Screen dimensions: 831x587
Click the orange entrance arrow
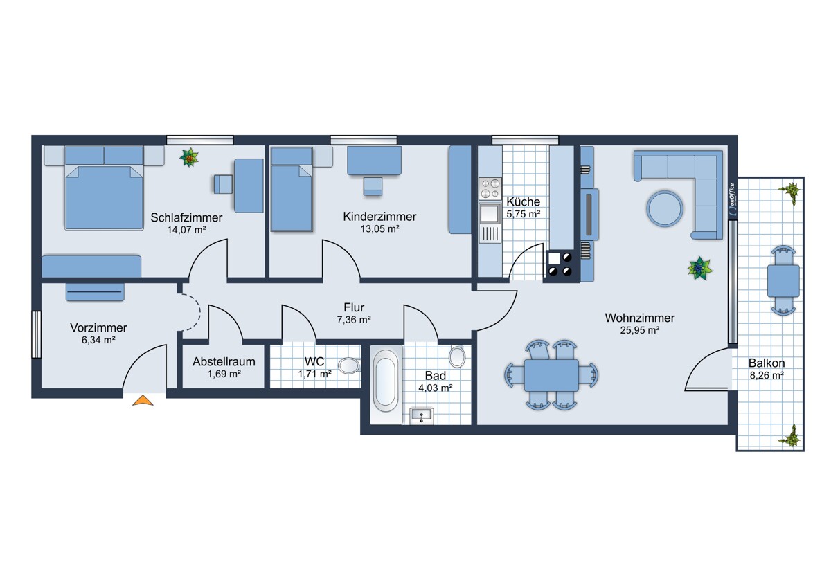tap(143, 401)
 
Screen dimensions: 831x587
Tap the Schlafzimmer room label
tap(186, 217)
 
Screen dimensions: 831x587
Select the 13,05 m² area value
tap(379, 229)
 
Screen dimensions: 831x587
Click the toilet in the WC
tap(349, 365)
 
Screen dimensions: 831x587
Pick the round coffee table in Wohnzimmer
tap(665, 208)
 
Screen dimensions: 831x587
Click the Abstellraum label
tap(224, 361)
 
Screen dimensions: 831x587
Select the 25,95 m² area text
tap(640, 330)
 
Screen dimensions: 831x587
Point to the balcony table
tap(783, 281)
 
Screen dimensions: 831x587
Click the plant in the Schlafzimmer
tap(189, 158)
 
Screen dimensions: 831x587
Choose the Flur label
tap(354, 307)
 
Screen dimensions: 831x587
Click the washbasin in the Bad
tap(422, 416)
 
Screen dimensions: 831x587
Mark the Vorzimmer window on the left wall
tap(36, 334)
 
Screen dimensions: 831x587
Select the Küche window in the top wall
tap(525, 140)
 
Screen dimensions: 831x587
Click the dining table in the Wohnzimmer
tap(551, 375)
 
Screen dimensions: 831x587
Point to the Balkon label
tap(767, 363)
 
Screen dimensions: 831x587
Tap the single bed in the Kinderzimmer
tap(292, 189)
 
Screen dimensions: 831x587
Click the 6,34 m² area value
tap(98, 340)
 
